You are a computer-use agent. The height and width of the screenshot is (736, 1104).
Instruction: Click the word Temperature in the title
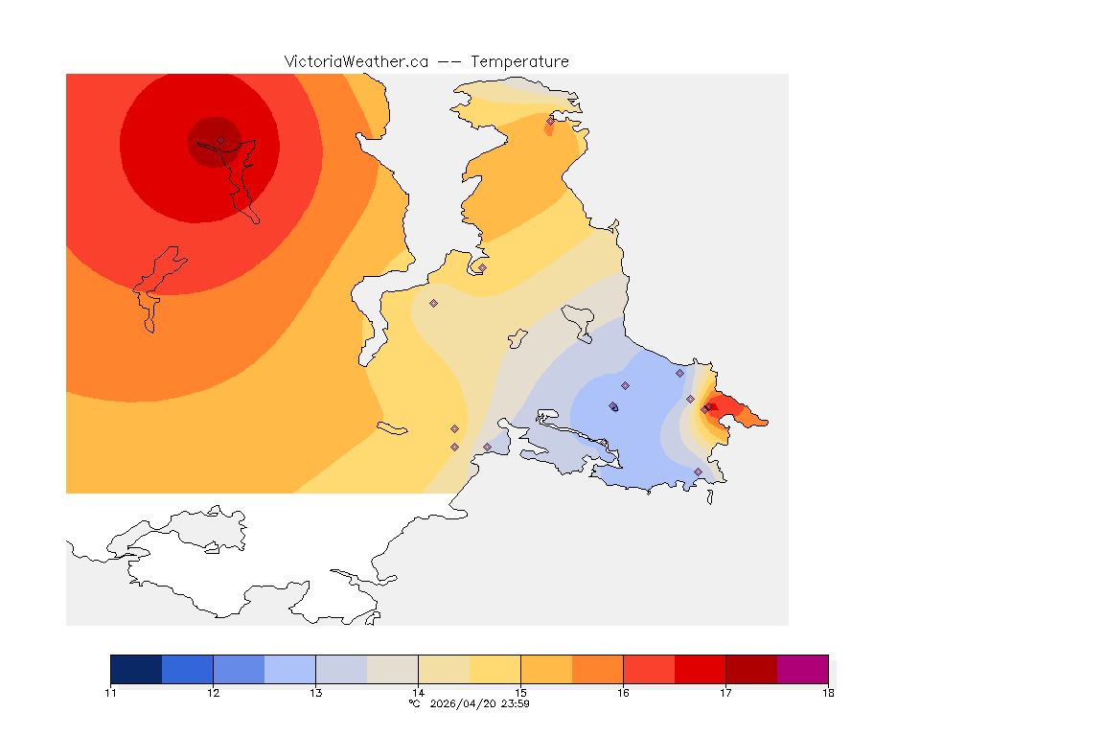(519, 61)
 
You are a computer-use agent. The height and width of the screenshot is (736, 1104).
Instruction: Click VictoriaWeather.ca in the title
(356, 61)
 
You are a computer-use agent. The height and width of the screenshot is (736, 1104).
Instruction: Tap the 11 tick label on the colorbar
(110, 693)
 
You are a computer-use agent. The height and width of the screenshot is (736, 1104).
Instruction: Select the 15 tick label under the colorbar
(520, 693)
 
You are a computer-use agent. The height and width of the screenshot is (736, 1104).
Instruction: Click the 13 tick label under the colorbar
(315, 693)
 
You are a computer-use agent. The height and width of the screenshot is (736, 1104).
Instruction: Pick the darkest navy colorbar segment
(136, 669)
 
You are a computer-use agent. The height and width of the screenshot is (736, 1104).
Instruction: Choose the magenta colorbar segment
(802, 669)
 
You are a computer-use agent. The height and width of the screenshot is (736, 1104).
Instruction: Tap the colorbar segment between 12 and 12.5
(239, 669)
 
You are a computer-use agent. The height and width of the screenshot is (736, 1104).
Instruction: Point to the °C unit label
(414, 703)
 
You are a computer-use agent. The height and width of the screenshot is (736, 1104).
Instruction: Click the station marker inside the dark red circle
(220, 140)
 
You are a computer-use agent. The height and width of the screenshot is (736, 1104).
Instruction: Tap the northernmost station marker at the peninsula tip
(550, 121)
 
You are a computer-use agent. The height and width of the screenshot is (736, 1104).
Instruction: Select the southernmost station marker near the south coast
(698, 471)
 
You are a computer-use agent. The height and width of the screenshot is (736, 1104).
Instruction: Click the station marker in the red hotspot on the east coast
(706, 409)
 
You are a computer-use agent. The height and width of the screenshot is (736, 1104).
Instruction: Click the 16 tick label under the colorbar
(623, 693)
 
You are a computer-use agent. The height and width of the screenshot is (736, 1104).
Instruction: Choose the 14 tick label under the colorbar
(418, 693)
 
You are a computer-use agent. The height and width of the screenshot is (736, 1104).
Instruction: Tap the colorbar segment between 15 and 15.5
(546, 669)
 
